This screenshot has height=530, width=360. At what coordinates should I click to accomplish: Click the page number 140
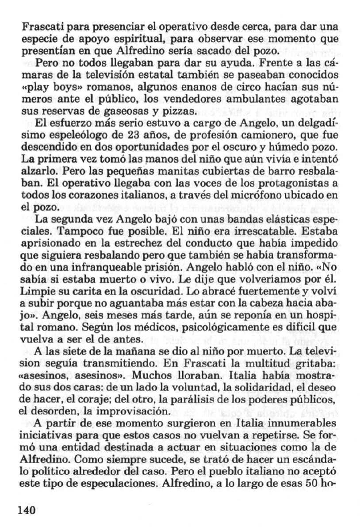pos(26,510)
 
